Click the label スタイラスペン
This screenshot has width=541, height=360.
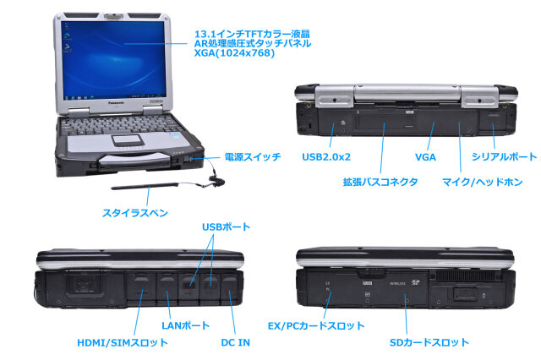134,211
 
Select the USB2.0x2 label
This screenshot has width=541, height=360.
325,156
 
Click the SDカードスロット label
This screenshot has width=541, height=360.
428,342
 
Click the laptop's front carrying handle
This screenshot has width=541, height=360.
140,160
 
